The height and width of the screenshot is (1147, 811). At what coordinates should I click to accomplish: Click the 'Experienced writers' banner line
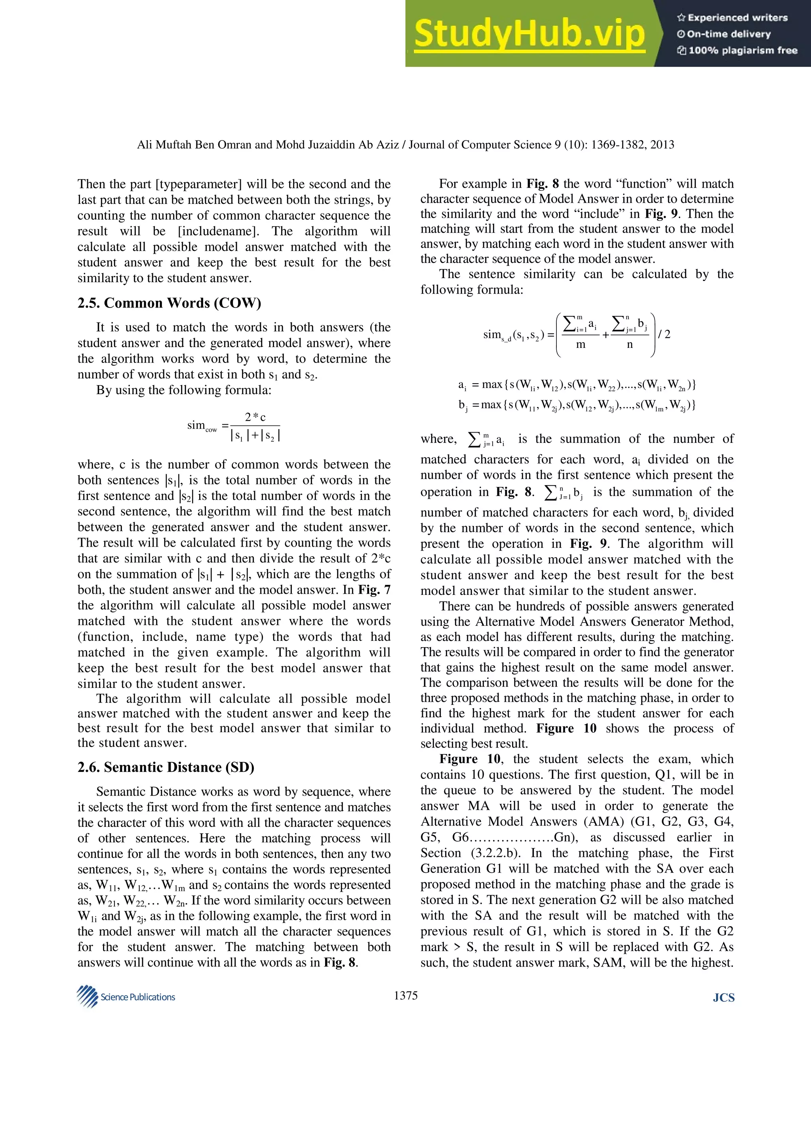(732, 17)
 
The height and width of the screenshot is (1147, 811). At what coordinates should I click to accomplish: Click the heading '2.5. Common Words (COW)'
(169, 303)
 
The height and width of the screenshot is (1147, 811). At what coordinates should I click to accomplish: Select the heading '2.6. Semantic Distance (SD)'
(166, 767)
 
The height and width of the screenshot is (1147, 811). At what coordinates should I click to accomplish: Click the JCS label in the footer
(723, 998)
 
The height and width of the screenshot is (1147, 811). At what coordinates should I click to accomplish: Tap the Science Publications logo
(126, 997)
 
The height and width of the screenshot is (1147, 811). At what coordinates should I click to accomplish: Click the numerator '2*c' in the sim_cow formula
(255, 417)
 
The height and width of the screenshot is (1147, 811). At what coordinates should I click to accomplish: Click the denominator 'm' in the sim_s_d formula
(580, 345)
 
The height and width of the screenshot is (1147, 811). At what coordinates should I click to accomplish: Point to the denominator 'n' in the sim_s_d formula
(630, 345)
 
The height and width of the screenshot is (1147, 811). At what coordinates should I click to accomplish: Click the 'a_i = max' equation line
(576, 385)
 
